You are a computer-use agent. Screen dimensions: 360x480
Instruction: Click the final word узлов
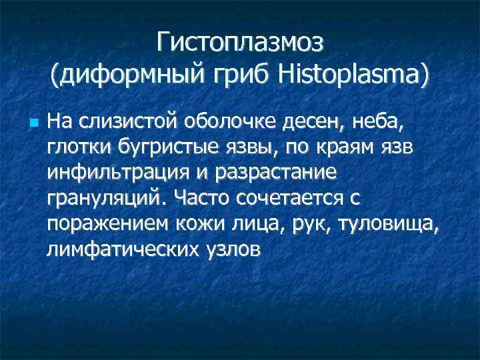235,249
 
